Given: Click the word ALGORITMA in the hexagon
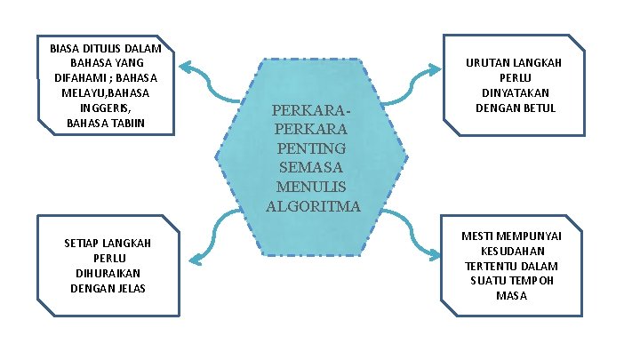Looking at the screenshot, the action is [313, 207].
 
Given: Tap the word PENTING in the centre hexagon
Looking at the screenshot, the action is [313, 148].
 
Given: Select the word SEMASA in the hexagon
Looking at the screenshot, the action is [313, 167].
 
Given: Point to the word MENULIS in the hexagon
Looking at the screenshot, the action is [313, 187].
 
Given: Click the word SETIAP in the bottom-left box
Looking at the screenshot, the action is [83, 243].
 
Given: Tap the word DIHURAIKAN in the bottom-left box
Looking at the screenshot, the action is [108, 273].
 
